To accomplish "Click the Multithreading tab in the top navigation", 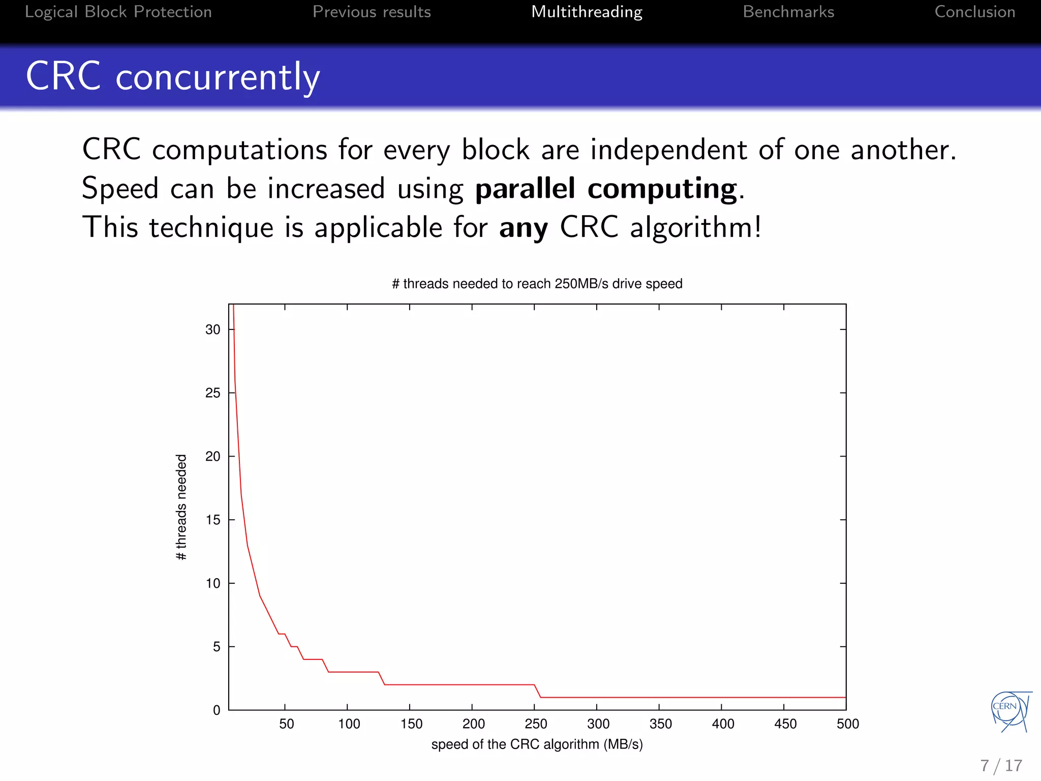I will coord(587,12).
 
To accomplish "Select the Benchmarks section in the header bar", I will coord(788,12).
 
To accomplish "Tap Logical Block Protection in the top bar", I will coord(118,12).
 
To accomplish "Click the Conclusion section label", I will coord(974,12).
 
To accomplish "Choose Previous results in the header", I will coord(372,12).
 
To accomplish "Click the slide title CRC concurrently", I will coord(173,76).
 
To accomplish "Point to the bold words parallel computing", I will coord(605,189).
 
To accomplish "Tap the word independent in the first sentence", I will coord(668,150).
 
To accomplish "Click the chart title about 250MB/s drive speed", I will coord(537,284).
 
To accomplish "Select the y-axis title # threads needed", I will coord(181,507).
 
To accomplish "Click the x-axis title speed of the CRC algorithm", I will coord(537,744).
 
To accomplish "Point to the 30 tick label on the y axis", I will coord(212,329).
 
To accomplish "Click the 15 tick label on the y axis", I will coord(212,520).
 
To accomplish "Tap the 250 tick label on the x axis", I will coord(536,724).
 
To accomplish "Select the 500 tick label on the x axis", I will coord(847,724).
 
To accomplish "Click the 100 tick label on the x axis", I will coord(349,724).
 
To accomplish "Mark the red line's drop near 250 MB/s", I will coord(537,691).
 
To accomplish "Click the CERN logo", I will coord(1011,711).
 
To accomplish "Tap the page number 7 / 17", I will coord(1001,766).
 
